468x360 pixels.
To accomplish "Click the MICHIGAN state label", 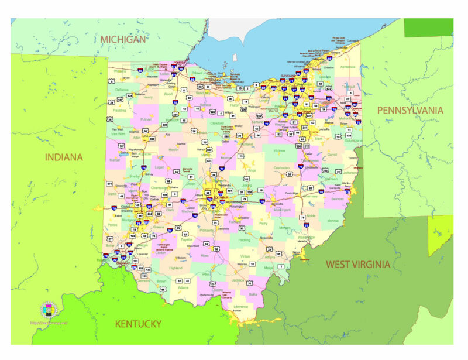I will pos(122,39).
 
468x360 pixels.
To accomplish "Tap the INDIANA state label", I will pos(64,157).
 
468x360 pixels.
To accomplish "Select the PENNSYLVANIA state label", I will pos(410,110).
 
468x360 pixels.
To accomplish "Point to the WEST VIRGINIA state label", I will pos(357,264).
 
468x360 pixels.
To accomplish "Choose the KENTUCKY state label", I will pos(138,324).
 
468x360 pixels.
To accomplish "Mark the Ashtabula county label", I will pos(347,67).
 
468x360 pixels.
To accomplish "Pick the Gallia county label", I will pos(252,294).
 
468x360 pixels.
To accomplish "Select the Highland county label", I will pos(175,268).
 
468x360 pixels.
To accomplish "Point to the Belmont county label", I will pos(338,198).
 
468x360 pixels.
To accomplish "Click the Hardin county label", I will pos(174,149).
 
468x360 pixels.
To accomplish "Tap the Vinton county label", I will pos(245,256).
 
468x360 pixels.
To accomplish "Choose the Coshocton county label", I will pos(281,167).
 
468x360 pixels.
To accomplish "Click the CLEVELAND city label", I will pos(288,76).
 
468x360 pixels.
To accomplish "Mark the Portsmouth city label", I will pos(207,295).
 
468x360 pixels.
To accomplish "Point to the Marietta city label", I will pos(302,241).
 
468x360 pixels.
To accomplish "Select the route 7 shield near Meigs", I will pos(280,266).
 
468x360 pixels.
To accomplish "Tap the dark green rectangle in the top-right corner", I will pos(428,28).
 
